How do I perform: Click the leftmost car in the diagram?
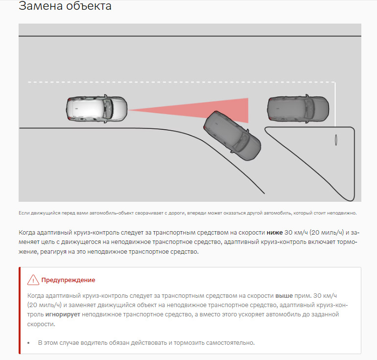(x=96, y=109)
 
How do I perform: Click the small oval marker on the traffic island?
(x=336, y=140)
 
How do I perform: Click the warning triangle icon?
(x=33, y=280)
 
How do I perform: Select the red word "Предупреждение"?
(x=68, y=280)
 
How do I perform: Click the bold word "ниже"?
(x=275, y=232)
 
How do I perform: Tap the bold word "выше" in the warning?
(x=284, y=296)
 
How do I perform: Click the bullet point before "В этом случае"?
(x=29, y=343)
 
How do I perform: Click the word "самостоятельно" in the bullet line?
(x=231, y=343)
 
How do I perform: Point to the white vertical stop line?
(x=335, y=103)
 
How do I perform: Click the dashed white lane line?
(x=147, y=82)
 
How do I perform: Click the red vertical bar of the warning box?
(x=20, y=311)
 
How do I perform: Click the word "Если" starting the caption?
(x=23, y=213)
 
